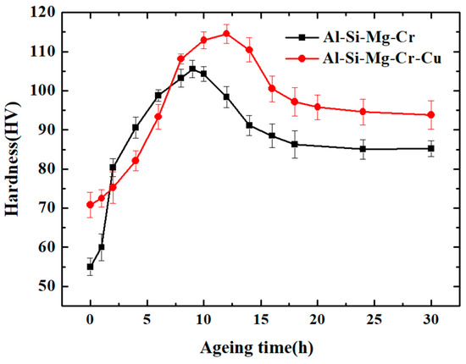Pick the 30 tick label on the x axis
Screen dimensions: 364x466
431,321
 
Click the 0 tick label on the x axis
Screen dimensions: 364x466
90,321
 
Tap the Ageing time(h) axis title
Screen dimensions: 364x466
260,347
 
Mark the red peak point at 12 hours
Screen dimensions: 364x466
226,34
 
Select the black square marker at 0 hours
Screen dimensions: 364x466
90,267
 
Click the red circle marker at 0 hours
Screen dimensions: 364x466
90,205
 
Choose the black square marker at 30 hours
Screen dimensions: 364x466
431,148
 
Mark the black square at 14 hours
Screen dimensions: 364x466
249,125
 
